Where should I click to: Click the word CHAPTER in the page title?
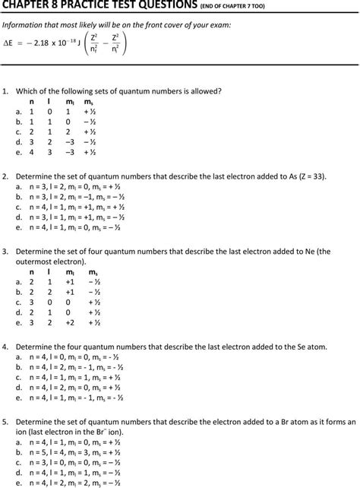30,6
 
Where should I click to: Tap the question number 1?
5,91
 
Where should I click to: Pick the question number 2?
5,176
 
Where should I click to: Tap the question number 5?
5,420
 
